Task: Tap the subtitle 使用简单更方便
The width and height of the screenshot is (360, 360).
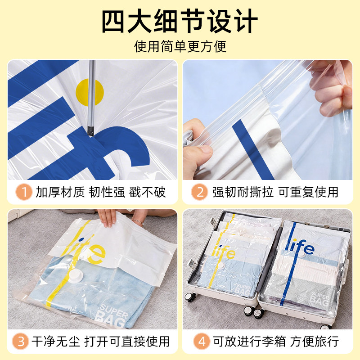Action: coord(180,46)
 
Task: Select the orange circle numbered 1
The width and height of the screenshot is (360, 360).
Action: coord(23,193)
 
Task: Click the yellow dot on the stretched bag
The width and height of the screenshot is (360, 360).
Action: coord(90,93)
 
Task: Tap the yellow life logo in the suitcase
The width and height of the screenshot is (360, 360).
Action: coord(226,252)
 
